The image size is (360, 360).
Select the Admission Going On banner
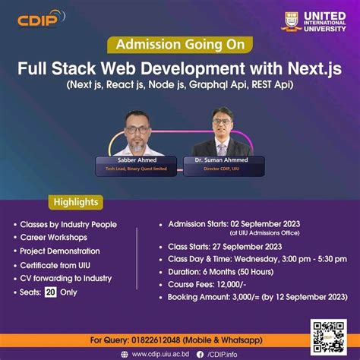(x=179, y=45)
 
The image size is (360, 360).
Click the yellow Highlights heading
(x=77, y=203)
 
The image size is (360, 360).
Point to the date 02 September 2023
(x=262, y=223)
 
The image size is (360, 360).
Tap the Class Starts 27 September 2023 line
(x=229, y=245)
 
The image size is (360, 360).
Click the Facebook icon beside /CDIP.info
(x=201, y=353)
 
